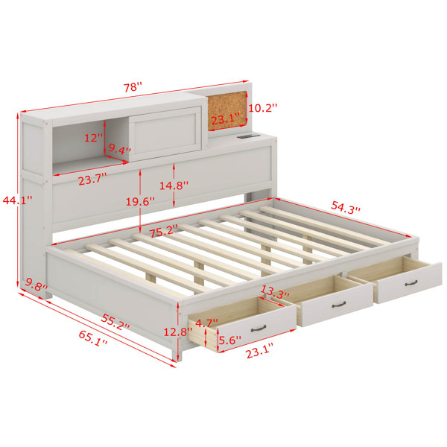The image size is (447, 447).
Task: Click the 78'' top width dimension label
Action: pos(133,87)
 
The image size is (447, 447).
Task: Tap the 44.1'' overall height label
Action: pos(17,200)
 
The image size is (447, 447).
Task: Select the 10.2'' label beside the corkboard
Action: pos(262,108)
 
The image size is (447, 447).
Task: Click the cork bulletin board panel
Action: pos(227,110)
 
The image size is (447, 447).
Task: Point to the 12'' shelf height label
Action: pos(93,138)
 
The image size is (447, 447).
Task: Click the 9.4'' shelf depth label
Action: pos(119,149)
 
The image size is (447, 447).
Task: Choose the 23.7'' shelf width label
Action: pos(92,180)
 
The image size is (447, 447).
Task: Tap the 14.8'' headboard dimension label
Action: pos(174,186)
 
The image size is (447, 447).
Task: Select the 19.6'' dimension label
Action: pos(141,202)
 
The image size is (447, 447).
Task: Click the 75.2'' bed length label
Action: pos(164,231)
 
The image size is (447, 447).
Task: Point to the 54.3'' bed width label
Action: pos(346,207)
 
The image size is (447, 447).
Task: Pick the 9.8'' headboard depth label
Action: pos(37,285)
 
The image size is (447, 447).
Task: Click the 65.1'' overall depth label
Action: pos(93,338)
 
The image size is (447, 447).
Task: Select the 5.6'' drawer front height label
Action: pos(229,340)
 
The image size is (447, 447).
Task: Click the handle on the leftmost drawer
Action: pos(259,329)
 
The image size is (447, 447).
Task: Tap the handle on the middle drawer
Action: pos(339,305)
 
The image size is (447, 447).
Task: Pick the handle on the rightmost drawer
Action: pos(411,283)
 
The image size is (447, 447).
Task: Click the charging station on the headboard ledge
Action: pos(248,136)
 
